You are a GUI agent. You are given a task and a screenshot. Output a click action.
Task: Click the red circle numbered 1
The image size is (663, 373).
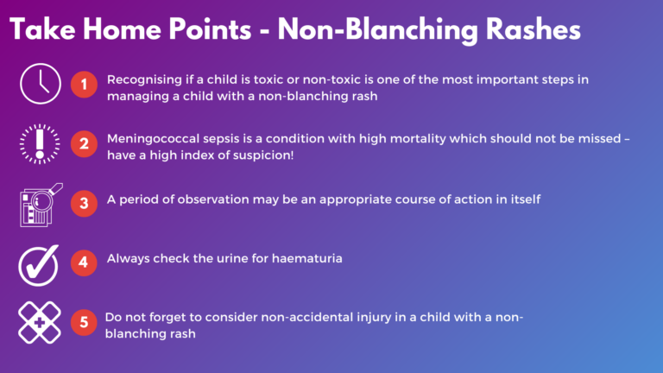[x=84, y=86]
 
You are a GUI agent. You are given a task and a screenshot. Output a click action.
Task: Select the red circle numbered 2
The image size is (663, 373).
[x=84, y=145]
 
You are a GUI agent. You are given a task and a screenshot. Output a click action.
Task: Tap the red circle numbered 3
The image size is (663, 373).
[x=84, y=204]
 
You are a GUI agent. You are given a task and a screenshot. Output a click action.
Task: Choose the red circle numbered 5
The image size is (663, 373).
[x=84, y=322]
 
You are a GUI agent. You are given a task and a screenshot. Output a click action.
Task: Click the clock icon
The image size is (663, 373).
[x=39, y=85]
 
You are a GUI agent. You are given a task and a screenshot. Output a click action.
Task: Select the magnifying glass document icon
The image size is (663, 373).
[x=39, y=203]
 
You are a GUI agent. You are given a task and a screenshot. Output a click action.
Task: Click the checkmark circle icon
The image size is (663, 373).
[x=39, y=262]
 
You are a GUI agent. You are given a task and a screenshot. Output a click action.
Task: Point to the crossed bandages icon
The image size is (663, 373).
[x=39, y=322]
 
